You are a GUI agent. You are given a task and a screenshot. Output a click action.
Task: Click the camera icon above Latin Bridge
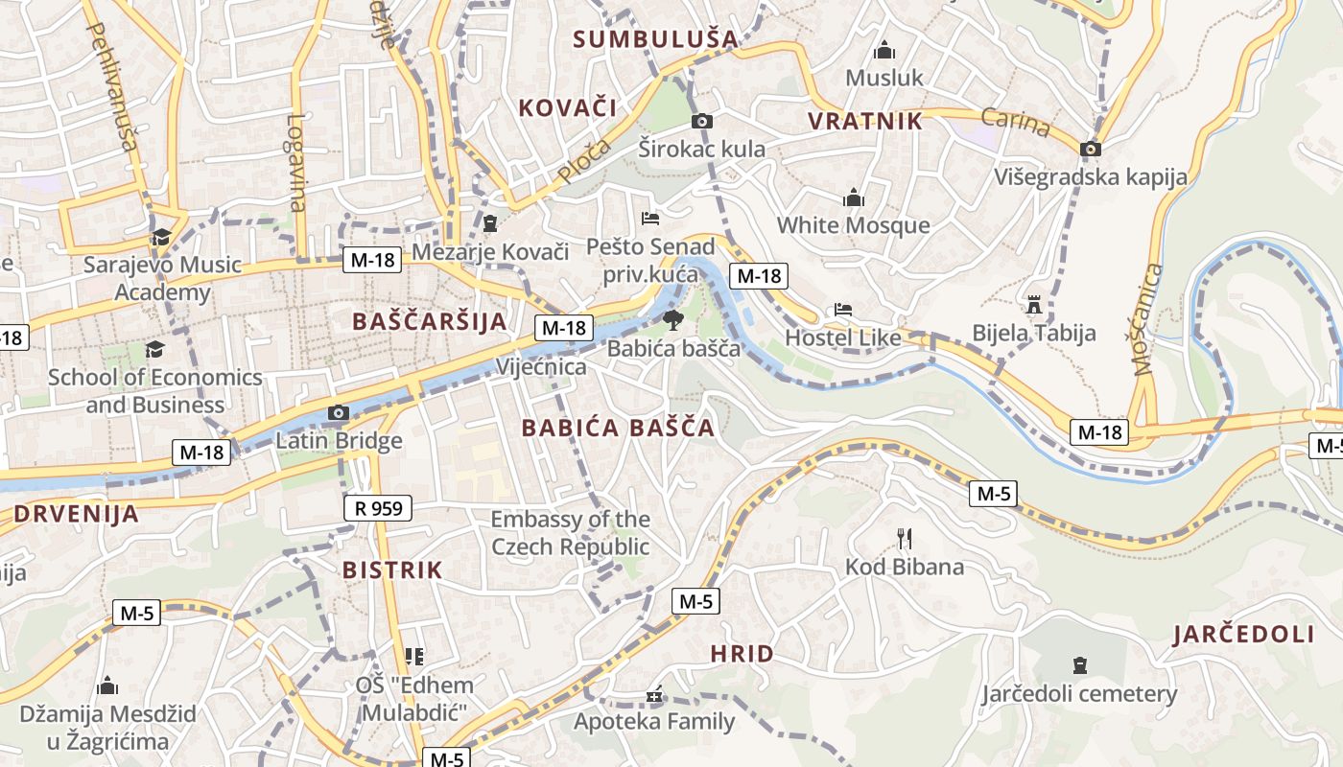click(x=338, y=413)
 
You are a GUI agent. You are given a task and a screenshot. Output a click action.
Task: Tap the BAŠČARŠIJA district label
click(x=429, y=321)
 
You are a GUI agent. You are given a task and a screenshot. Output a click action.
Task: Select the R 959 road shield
click(x=378, y=508)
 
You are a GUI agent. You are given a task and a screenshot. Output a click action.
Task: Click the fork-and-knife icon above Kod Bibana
click(x=904, y=539)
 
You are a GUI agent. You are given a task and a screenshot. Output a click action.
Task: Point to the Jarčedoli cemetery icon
click(x=1079, y=664)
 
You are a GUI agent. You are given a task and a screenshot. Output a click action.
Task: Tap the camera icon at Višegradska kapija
click(x=1090, y=149)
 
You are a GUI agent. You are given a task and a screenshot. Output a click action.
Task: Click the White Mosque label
click(x=853, y=225)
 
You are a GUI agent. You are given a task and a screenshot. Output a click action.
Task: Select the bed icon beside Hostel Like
click(x=843, y=310)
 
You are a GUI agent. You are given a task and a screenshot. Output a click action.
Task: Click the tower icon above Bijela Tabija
click(x=1033, y=305)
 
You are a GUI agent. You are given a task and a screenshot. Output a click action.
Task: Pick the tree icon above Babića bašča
click(x=673, y=320)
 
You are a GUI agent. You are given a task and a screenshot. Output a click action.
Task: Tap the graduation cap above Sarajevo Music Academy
click(x=161, y=237)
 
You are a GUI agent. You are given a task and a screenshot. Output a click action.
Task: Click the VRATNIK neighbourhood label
click(x=865, y=121)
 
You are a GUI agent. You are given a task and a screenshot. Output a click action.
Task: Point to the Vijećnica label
click(x=541, y=367)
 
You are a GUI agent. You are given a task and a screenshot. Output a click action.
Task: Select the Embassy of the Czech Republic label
click(x=570, y=533)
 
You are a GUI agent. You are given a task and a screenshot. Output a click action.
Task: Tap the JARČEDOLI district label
click(x=1243, y=634)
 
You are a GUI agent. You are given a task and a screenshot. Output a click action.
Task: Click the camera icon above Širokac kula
click(x=702, y=121)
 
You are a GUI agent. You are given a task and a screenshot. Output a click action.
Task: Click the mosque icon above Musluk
click(x=884, y=49)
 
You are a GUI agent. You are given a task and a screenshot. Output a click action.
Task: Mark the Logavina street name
click(x=295, y=163)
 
